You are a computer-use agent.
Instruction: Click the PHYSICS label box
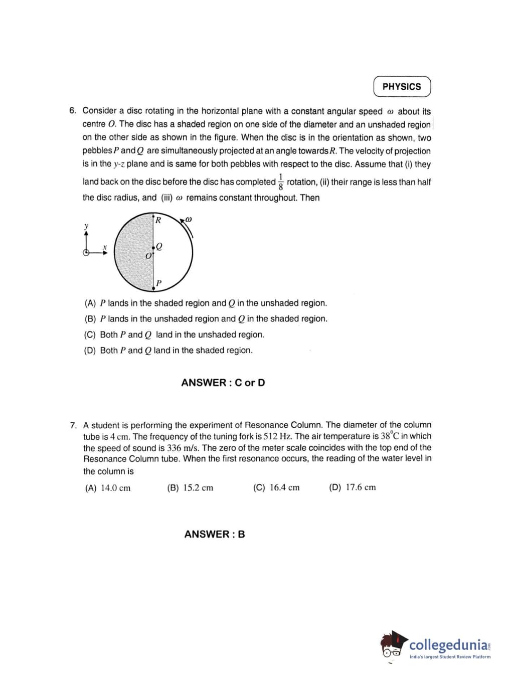pyautogui.click(x=402, y=86)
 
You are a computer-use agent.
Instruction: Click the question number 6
pyautogui.click(x=72, y=110)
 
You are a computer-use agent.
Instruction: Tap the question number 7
pyautogui.click(x=73, y=425)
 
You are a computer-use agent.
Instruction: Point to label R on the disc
pyautogui.click(x=158, y=220)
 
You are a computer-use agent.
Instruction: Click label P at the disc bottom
pyautogui.click(x=158, y=283)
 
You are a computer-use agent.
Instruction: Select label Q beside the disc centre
pyautogui.click(x=159, y=246)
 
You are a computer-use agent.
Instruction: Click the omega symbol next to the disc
pyautogui.click(x=189, y=219)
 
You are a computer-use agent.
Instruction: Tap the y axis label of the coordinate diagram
pyautogui.click(x=86, y=226)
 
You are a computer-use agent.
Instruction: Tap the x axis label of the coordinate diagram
pyautogui.click(x=105, y=247)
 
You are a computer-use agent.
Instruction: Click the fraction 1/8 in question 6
pyautogui.click(x=281, y=182)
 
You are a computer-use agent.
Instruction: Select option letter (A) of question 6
pyautogui.click(x=90, y=303)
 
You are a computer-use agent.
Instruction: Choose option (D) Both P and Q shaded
pyautogui.click(x=168, y=351)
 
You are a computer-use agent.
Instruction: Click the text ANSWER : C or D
pyautogui.click(x=223, y=383)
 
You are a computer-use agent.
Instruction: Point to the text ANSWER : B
pyautogui.click(x=215, y=534)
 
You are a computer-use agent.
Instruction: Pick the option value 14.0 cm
pyautogui.click(x=116, y=488)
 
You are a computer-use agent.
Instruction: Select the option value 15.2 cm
pyautogui.click(x=198, y=487)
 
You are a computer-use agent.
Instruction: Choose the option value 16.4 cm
pyautogui.click(x=284, y=487)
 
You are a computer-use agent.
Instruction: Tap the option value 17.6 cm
pyautogui.click(x=361, y=487)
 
